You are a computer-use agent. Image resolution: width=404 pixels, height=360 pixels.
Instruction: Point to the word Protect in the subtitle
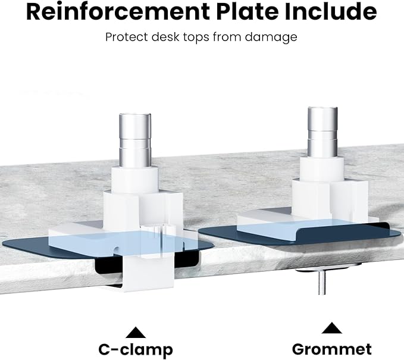point(126,37)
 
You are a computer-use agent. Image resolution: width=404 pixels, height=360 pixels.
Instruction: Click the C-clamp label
point(136,349)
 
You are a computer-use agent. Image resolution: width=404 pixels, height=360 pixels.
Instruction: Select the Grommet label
point(332,349)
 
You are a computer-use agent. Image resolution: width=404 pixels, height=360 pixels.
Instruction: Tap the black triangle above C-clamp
point(136,331)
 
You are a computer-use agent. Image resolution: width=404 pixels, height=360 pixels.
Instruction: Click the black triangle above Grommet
point(332,328)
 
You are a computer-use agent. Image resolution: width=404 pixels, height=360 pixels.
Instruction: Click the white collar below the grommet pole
point(322,167)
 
